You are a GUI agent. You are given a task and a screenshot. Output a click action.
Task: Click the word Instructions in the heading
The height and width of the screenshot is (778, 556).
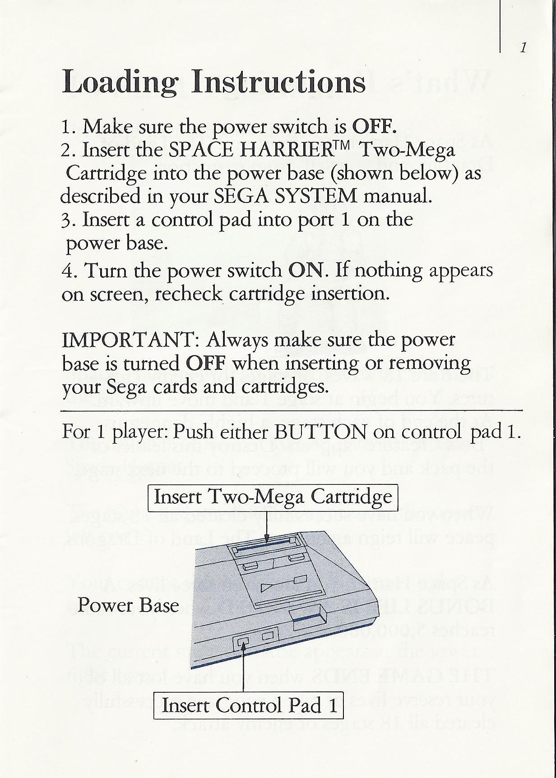(278, 82)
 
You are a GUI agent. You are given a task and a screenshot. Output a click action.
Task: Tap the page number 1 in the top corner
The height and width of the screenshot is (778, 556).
(523, 47)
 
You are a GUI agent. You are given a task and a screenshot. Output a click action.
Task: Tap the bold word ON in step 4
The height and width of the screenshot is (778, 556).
(306, 271)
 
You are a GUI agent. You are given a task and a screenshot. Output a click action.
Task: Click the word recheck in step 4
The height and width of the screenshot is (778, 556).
(189, 294)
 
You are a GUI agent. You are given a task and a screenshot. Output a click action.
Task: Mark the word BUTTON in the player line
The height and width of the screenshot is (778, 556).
(320, 432)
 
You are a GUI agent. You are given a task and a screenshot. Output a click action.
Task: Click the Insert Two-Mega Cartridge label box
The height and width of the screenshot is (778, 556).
(273, 497)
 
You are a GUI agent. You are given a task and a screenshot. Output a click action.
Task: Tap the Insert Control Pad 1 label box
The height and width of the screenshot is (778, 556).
(249, 705)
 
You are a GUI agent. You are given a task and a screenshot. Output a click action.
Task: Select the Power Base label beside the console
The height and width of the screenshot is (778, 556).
(128, 605)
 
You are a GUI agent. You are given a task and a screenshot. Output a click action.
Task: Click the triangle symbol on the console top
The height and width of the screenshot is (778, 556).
(266, 587)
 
